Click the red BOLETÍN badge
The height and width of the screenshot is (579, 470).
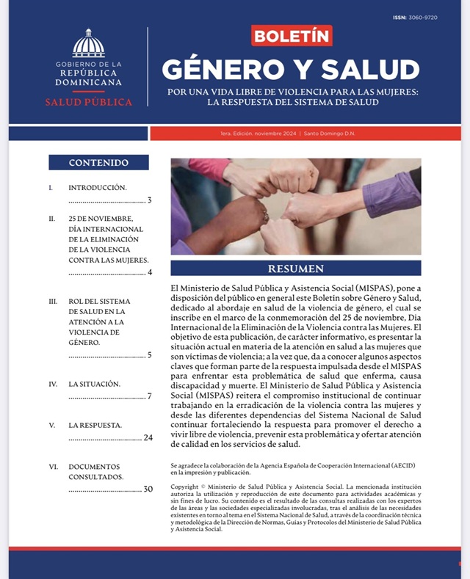[x=292, y=36]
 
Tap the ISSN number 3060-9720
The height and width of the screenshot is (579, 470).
[x=425, y=17]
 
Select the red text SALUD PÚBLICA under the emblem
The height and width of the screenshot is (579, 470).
[x=88, y=102]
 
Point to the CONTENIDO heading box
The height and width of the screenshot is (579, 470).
[x=98, y=162]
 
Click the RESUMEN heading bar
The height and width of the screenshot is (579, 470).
[x=295, y=269]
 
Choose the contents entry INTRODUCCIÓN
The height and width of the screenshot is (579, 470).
[x=98, y=187]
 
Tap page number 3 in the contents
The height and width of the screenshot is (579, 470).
[x=149, y=200]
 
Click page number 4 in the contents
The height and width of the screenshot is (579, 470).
[x=149, y=272]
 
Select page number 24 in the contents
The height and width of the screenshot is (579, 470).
[x=148, y=437]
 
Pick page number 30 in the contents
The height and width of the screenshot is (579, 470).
[x=148, y=489]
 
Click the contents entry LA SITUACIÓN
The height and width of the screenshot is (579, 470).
[x=94, y=384]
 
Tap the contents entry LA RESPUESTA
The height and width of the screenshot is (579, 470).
[x=95, y=425]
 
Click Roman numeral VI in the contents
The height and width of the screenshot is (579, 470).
[x=53, y=466]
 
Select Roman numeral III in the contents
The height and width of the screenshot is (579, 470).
[x=53, y=302]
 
